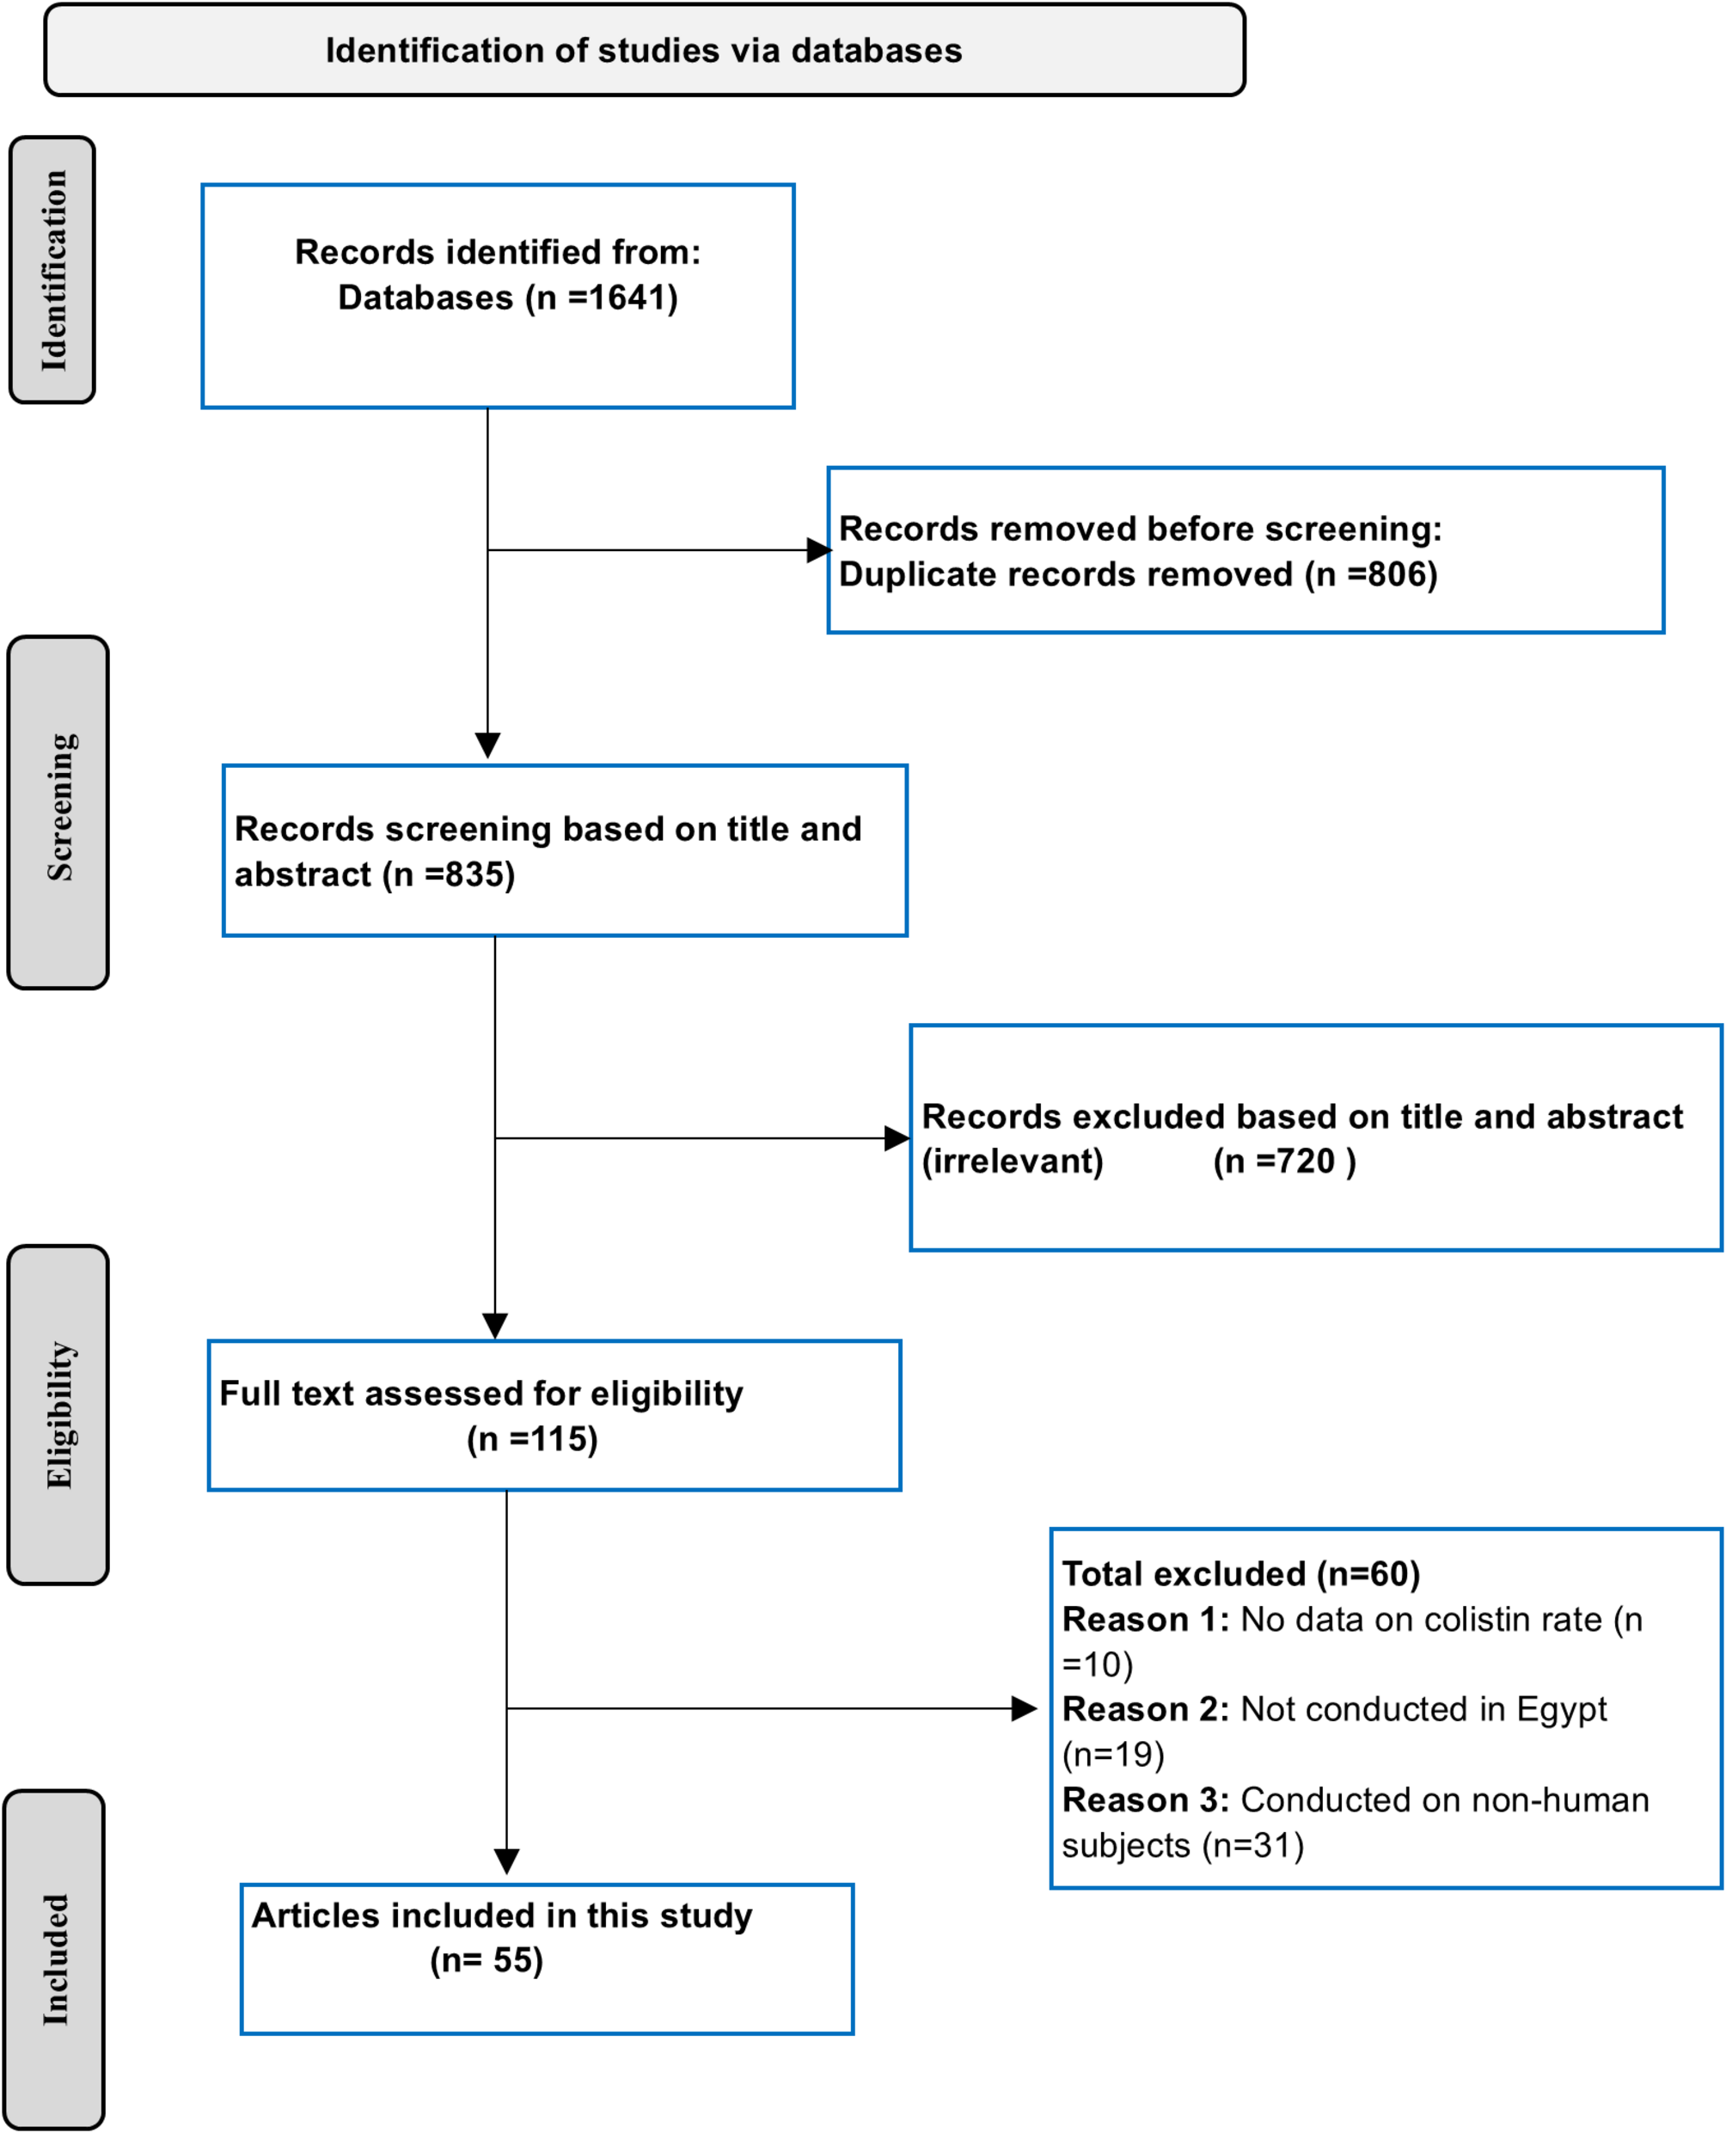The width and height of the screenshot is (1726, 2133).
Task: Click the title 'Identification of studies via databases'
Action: pyautogui.click(x=645, y=51)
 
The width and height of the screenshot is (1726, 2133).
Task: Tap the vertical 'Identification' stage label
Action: pyautogui.click(x=53, y=271)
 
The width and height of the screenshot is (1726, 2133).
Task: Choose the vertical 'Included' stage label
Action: pyautogui.click(x=56, y=1959)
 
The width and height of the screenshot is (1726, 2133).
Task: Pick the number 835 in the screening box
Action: pyautogui.click(x=474, y=874)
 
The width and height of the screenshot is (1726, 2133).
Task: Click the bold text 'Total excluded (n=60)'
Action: pyautogui.click(x=1241, y=1574)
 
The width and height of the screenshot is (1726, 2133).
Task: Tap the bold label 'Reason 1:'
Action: pyautogui.click(x=1145, y=1620)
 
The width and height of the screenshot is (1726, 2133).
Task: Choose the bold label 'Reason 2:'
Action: pyautogui.click(x=1145, y=1709)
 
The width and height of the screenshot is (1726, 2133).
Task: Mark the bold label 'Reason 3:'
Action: pyautogui.click(x=1145, y=1800)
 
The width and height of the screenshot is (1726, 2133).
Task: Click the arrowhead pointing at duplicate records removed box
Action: pyautogui.click(x=818, y=550)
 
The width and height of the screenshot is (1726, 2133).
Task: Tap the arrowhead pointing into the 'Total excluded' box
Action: pyautogui.click(x=1024, y=1708)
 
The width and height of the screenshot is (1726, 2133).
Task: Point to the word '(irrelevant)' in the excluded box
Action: pyautogui.click(x=1013, y=1162)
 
